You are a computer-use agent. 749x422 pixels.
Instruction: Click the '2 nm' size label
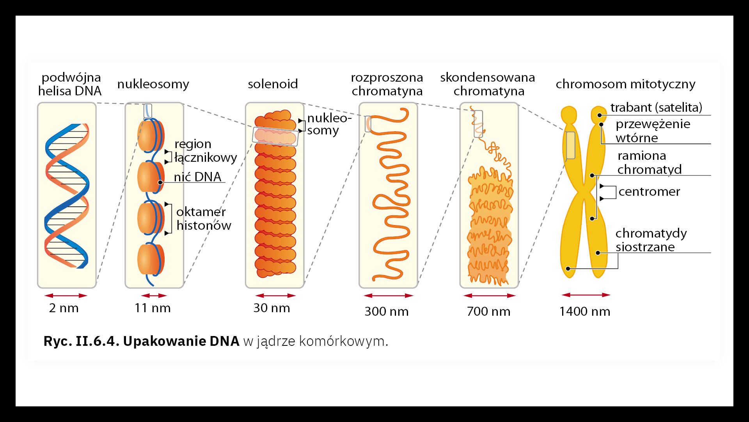click(x=64, y=308)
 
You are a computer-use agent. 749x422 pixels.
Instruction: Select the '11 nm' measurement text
click(x=153, y=308)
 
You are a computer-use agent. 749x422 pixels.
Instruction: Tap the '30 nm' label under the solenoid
click(x=272, y=308)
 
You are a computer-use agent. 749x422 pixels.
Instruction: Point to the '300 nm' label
click(x=386, y=311)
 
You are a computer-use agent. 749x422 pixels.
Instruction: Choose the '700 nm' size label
click(x=488, y=311)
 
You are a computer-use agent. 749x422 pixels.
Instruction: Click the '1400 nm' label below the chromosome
click(x=584, y=311)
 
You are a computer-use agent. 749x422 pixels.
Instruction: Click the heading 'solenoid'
click(x=273, y=84)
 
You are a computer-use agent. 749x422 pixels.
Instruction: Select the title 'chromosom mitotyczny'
click(x=625, y=84)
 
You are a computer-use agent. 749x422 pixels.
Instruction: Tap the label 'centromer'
click(x=649, y=191)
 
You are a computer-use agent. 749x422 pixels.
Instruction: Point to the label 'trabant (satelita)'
click(x=656, y=107)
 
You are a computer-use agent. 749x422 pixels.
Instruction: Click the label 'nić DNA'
click(x=197, y=177)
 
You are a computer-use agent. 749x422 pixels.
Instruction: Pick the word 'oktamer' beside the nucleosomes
click(x=201, y=212)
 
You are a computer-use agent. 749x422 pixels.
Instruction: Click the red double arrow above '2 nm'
click(x=66, y=295)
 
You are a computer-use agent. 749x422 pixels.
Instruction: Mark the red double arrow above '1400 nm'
click(x=586, y=295)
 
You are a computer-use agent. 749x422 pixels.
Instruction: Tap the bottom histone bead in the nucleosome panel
click(x=150, y=259)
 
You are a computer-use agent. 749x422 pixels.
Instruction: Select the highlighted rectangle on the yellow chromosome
click(x=570, y=145)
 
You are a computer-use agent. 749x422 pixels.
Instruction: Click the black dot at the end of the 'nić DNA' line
click(x=160, y=182)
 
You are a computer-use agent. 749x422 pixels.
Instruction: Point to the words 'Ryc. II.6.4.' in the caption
click(x=81, y=341)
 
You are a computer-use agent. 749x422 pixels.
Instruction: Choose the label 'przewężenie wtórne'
click(x=653, y=131)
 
